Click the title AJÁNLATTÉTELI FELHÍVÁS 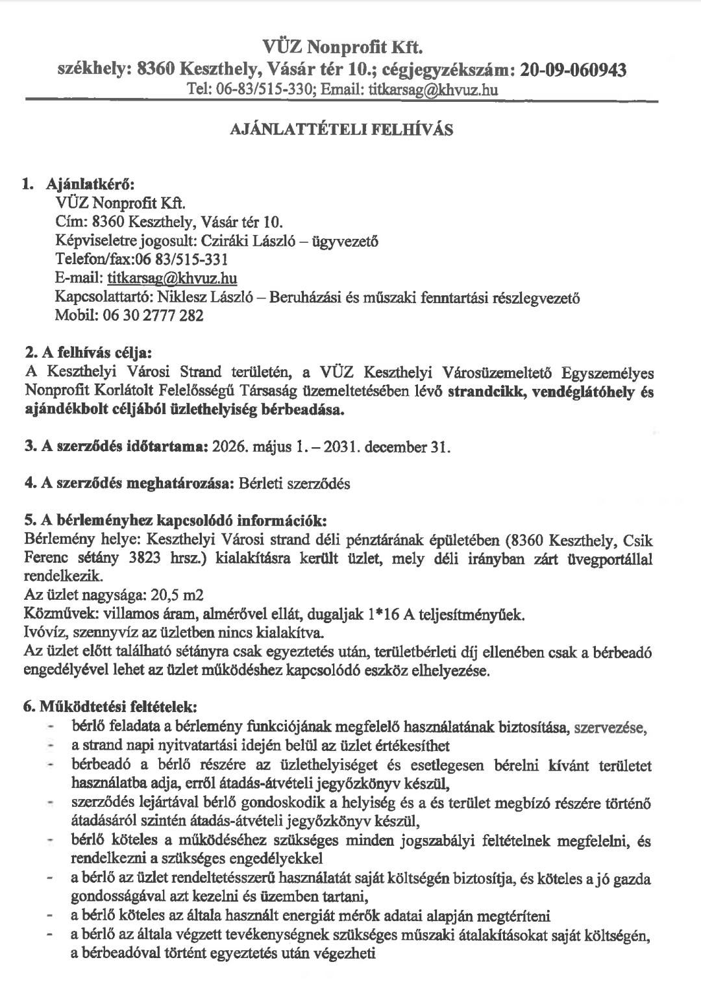pyautogui.click(x=341, y=129)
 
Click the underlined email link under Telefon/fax pyautogui.click(x=172, y=279)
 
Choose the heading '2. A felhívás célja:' pyautogui.click(x=88, y=354)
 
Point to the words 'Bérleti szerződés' pyautogui.click(x=294, y=484)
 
